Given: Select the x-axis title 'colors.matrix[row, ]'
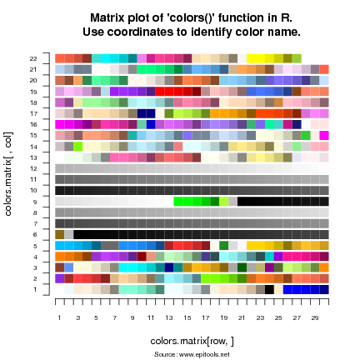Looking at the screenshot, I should pos(192,341).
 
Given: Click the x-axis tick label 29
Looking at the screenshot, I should pos(315,317).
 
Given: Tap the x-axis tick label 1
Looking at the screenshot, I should pos(59,317).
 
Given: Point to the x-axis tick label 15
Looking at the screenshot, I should pos(187,317).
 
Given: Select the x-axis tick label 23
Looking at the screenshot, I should pos(260,317).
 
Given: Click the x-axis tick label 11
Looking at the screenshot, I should pos(151,317).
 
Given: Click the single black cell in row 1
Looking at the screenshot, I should pos(269,289).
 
